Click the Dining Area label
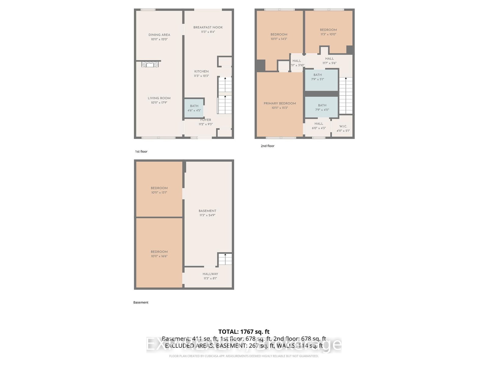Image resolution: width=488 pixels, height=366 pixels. coord(159,35)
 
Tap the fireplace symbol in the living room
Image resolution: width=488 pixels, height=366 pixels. coord(150,64)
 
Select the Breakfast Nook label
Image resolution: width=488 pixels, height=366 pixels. coord(208,27)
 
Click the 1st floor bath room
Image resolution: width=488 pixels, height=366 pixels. coord(194,108)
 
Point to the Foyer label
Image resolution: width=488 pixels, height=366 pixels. coord(206,120)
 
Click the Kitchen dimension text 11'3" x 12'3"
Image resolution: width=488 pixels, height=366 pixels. coord(201,76)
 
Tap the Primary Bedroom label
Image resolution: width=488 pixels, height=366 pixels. coord(280,103)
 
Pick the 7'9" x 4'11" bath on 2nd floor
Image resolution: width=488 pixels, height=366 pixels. coord(322,107)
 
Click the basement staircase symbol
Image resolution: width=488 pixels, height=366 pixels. coord(225,259)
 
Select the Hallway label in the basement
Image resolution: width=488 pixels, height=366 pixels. coord(210,274)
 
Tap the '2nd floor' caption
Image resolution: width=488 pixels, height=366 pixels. coord(267,146)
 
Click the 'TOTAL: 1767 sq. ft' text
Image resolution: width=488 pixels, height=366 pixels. coord(244,332)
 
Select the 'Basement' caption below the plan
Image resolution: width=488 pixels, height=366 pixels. coord(141,303)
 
